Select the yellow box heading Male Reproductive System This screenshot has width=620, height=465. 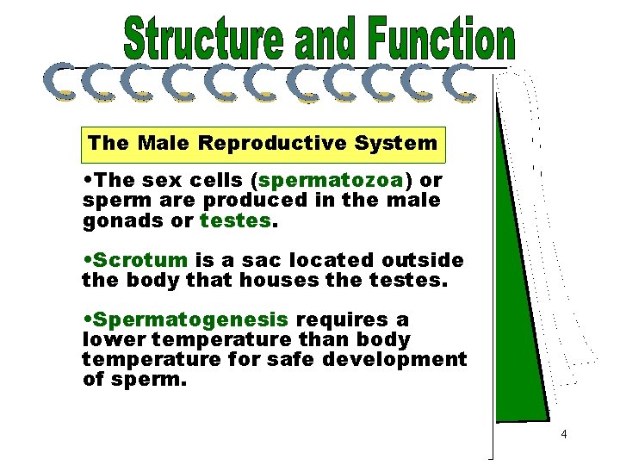point(263,143)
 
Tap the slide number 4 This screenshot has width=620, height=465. point(563,435)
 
